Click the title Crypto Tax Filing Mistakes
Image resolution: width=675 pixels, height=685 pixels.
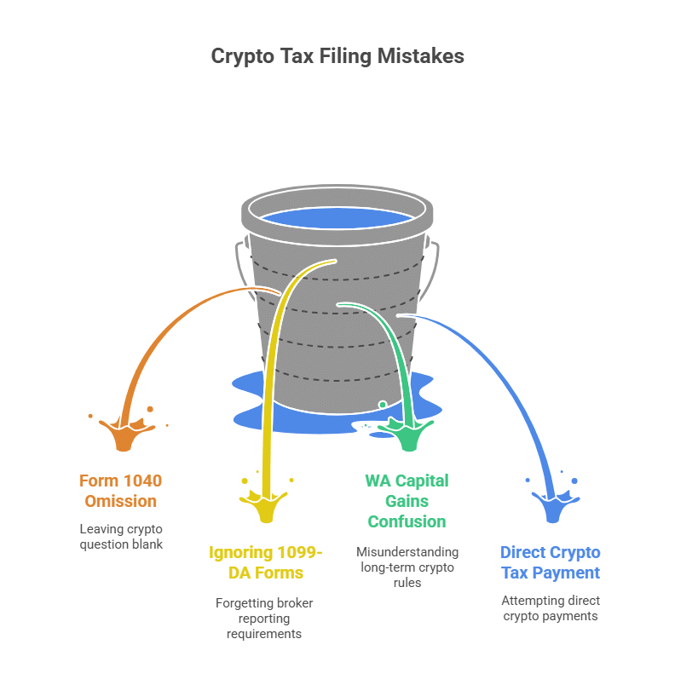click(x=337, y=56)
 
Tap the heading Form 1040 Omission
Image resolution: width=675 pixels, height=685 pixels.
click(x=120, y=491)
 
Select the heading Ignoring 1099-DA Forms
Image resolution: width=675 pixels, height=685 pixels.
click(x=266, y=562)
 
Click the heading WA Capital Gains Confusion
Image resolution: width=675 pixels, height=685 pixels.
click(x=407, y=501)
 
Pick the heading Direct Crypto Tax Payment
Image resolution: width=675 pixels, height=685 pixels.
click(x=551, y=562)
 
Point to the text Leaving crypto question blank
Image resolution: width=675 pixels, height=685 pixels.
click(x=121, y=537)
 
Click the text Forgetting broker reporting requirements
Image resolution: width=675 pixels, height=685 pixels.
click(x=264, y=619)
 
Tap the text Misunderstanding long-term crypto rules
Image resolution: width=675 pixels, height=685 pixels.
click(x=407, y=567)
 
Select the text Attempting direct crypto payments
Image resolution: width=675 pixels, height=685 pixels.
click(x=551, y=608)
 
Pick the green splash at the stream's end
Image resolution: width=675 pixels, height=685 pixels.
click(x=408, y=434)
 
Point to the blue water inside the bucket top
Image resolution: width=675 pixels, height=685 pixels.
click(x=337, y=218)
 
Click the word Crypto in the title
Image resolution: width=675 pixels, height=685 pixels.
click(x=243, y=57)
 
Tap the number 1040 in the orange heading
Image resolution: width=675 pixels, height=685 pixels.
click(x=141, y=481)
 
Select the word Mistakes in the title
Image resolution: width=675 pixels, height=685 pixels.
click(x=421, y=56)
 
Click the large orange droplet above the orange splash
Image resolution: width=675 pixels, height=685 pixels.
click(x=150, y=409)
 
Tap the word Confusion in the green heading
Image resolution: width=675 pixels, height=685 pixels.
click(x=407, y=521)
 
